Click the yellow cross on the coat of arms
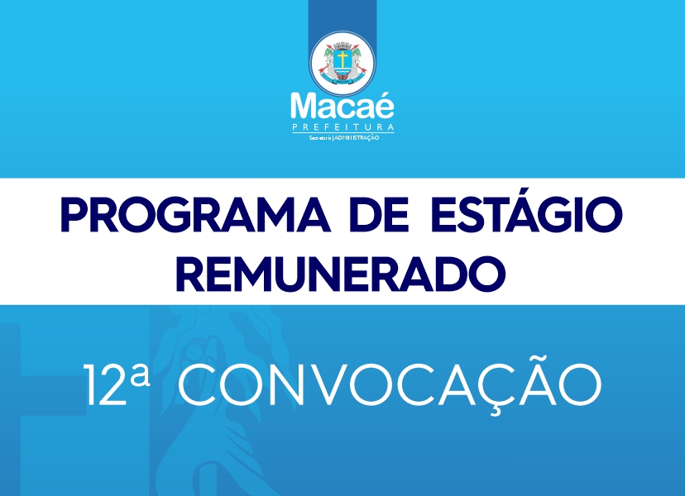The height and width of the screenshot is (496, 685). (x=342, y=60)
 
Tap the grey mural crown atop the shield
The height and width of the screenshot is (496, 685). (x=342, y=45)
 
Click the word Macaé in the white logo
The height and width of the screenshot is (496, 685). (x=342, y=106)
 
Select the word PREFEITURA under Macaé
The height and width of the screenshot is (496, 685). (x=343, y=127)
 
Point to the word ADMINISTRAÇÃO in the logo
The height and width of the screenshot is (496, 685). (x=357, y=138)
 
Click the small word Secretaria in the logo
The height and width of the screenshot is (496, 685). (x=320, y=138)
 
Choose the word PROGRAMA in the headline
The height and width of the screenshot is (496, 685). (x=195, y=216)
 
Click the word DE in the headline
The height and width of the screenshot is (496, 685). (x=379, y=216)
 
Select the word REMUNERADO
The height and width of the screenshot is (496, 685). (x=341, y=274)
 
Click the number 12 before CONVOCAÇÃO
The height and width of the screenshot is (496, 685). (x=104, y=384)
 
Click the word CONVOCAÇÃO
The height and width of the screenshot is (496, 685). (x=390, y=384)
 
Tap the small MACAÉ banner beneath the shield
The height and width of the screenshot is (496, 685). (x=342, y=81)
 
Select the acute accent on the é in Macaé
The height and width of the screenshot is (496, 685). (x=386, y=94)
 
